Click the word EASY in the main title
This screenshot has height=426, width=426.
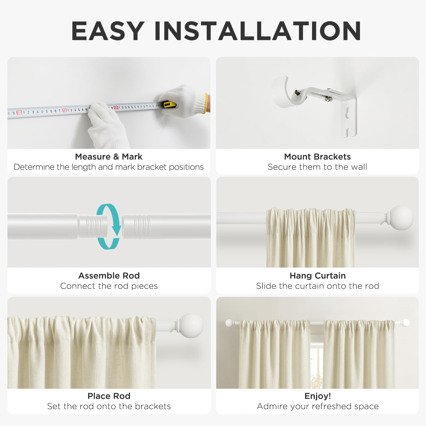(108, 31)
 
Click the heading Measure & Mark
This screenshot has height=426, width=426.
(109, 157)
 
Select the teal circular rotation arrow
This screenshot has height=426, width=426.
(109, 227)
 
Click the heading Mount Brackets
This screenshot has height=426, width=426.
(317, 157)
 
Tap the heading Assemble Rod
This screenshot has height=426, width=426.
(109, 276)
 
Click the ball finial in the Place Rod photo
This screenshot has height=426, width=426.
(191, 326)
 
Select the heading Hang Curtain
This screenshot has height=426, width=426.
(318, 276)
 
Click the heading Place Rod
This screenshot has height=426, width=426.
(109, 396)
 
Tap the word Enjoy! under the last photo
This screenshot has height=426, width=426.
(318, 396)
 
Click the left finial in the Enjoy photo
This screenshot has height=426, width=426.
(229, 323)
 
